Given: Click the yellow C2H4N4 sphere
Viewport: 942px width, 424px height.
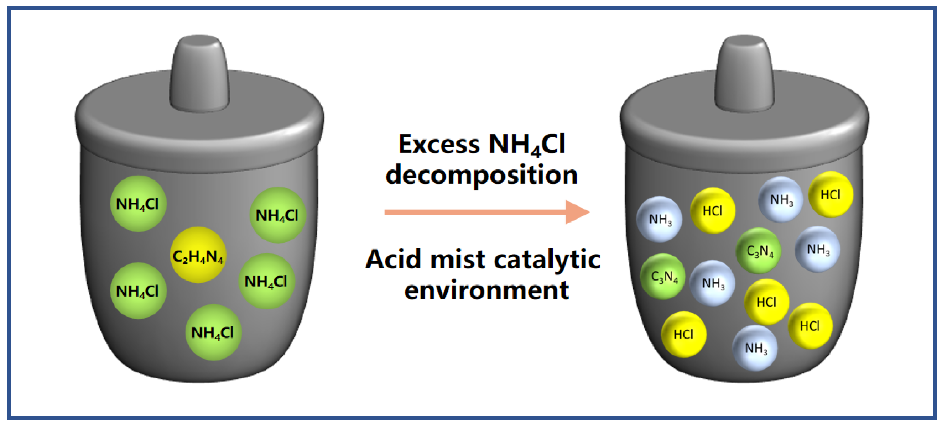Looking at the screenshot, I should (x=198, y=255).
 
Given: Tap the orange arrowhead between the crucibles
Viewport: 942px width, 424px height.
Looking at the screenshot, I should (x=576, y=212).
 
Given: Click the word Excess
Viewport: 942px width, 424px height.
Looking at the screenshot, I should (x=439, y=144).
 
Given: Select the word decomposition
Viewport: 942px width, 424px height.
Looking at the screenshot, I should (x=481, y=175).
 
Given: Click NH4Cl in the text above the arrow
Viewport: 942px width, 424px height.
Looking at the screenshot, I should (x=527, y=145).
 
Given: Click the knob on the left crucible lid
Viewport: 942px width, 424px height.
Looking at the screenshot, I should (x=199, y=73).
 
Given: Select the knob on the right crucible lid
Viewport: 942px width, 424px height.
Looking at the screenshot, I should (x=744, y=73).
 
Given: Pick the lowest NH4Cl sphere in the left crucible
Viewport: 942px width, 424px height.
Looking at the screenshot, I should (x=213, y=332).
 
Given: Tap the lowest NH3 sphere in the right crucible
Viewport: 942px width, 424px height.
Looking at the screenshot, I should (x=755, y=347).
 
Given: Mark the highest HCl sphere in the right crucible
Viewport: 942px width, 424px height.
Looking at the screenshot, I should (x=831, y=194).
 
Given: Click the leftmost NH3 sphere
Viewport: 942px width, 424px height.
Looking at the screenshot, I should (x=659, y=219).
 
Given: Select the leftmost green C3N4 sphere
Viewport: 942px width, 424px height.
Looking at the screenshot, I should (x=663, y=276).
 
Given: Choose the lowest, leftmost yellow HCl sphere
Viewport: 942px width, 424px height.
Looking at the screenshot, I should (x=683, y=334).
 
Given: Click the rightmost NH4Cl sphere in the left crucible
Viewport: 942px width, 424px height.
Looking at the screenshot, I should (x=277, y=215).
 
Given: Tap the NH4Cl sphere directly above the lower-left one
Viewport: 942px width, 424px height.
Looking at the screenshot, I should (x=138, y=204).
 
